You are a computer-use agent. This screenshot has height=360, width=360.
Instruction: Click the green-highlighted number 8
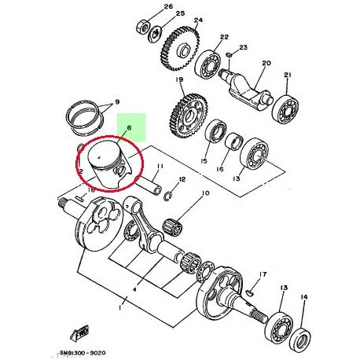pos(130,124)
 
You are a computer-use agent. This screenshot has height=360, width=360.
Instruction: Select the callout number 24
pos(198,20)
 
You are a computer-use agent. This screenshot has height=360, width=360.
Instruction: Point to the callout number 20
pos(265,63)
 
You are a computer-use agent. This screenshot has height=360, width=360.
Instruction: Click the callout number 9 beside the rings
pos(116,102)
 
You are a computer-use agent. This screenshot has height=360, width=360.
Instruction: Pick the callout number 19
pos(180,81)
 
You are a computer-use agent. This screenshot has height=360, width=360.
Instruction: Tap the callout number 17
pos(262,275)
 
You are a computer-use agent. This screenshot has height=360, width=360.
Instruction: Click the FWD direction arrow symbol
pos(79,330)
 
